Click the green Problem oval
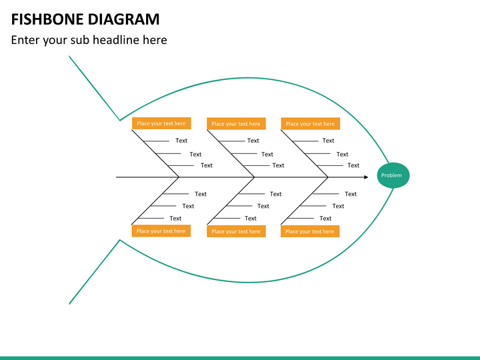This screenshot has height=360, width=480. click(x=391, y=175)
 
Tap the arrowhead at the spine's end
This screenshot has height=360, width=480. click(x=365, y=177)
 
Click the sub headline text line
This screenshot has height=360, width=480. click(x=89, y=40)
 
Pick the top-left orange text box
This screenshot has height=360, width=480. click(x=161, y=123)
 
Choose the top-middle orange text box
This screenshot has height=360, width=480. click(x=236, y=123)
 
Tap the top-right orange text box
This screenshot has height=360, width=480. click(x=310, y=123)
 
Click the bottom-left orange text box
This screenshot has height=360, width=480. click(x=161, y=231)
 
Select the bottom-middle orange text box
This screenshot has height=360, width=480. click(x=236, y=231)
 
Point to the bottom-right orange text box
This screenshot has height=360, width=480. click(x=310, y=231)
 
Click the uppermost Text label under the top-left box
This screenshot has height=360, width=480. click(x=181, y=141)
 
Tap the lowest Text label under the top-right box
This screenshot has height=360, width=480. click(x=353, y=165)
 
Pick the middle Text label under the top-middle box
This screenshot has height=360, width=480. click(x=267, y=154)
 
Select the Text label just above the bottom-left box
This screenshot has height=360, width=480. click(x=175, y=218)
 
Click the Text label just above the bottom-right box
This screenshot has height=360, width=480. click(x=325, y=218)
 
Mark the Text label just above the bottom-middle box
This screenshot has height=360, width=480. click(x=251, y=218)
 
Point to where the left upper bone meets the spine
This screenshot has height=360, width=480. click(x=179, y=177)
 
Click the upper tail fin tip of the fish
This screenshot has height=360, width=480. click(x=69, y=57)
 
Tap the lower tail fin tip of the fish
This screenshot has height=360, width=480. click(x=69, y=303)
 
